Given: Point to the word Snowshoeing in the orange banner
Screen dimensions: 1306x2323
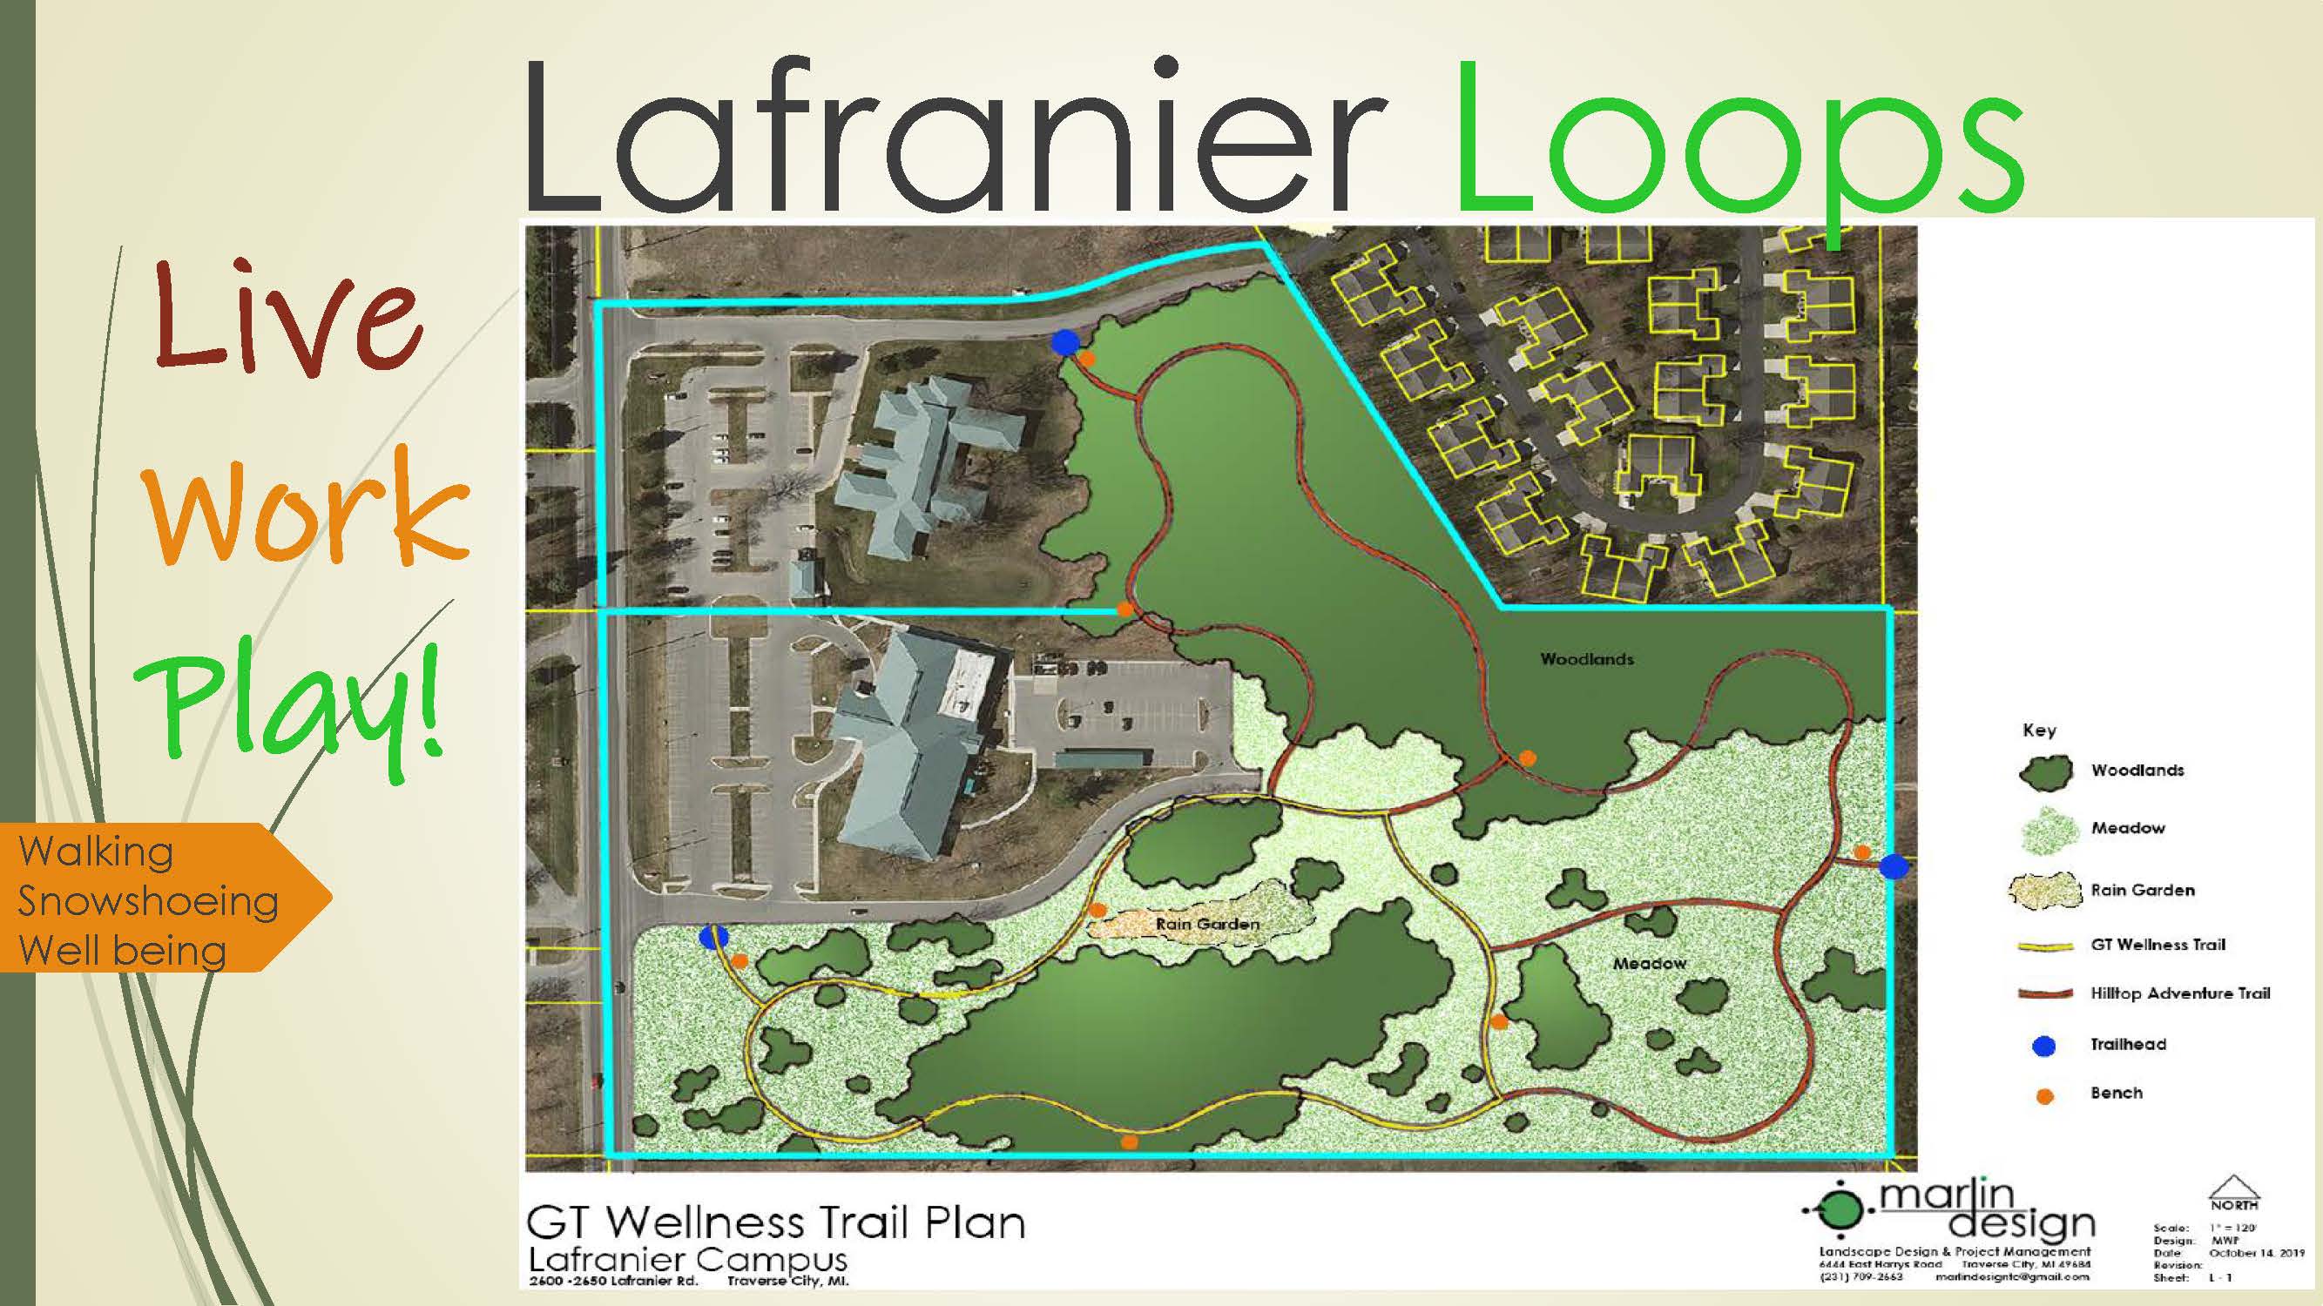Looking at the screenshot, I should pos(148,901).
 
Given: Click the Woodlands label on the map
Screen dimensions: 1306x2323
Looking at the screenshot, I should pos(1586,659).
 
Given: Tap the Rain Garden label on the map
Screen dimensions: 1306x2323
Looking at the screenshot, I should pos(1206,924).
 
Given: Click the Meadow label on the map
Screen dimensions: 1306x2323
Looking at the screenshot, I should pos(1650,964).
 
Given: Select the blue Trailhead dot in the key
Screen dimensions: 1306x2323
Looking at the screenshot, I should pos(2043,1046).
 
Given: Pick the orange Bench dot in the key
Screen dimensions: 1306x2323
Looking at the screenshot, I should pos(2044,1096).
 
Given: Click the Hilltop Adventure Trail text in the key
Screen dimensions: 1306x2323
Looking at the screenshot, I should pos(2179,993).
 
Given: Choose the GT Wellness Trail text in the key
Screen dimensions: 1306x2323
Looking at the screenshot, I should pos(2158,945).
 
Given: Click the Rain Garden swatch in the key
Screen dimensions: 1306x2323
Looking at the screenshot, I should pos(2043,891).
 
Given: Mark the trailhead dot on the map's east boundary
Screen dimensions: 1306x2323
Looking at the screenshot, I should pos(1893,866).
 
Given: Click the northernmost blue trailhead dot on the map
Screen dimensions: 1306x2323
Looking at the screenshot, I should pos(1065,341).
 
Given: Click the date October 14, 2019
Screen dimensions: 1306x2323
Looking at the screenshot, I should pos(2255,1253).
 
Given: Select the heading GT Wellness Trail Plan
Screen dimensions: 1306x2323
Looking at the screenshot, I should pos(775,1223).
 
